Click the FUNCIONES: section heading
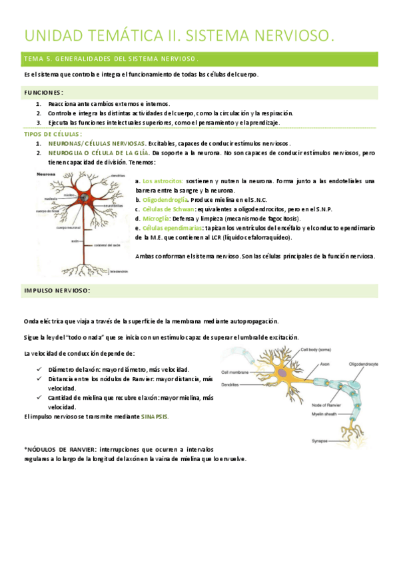pos(44,92)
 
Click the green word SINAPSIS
pos(154,416)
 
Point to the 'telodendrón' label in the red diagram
pos(119,271)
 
